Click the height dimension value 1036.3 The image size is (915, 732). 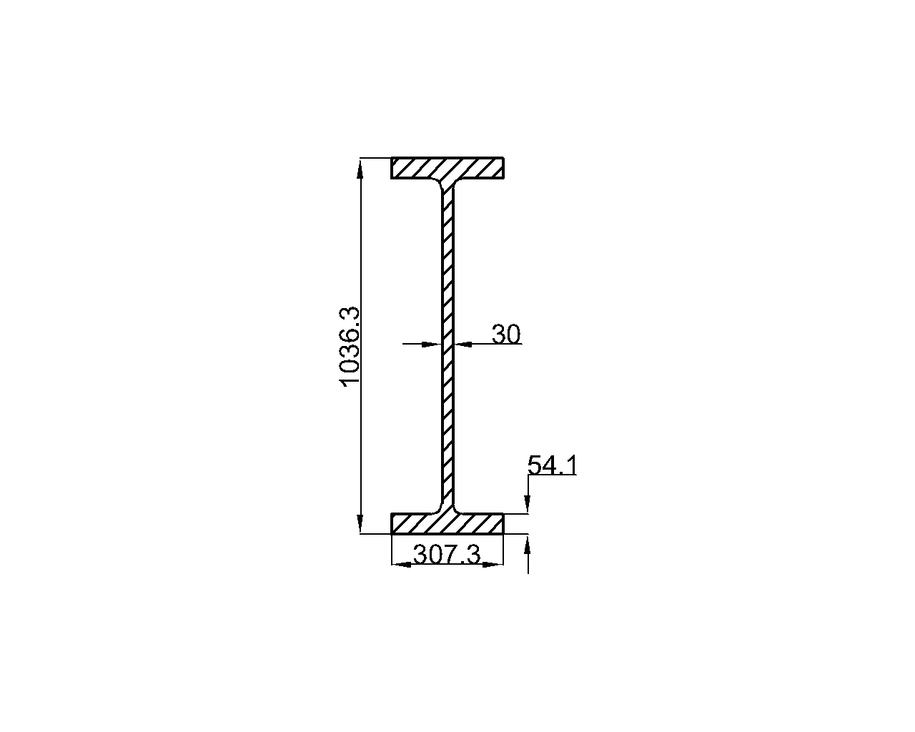pyautogui.click(x=350, y=347)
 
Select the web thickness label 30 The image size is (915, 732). pyautogui.click(x=506, y=334)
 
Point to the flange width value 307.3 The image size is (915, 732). pyautogui.click(x=447, y=555)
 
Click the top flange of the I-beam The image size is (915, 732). pyautogui.click(x=447, y=168)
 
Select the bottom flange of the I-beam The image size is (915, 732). pyautogui.click(x=447, y=523)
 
